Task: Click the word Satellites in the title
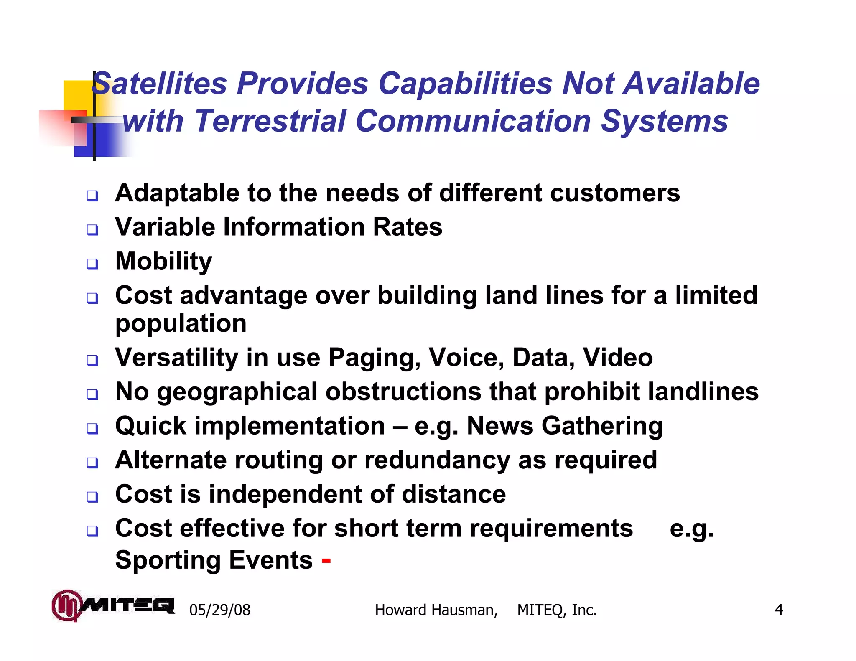click(x=159, y=84)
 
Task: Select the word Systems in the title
click(x=664, y=121)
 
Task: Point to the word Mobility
click(x=163, y=262)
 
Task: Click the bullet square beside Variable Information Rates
click(x=92, y=229)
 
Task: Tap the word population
click(x=181, y=324)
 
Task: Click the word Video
click(x=617, y=358)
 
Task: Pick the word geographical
click(x=237, y=392)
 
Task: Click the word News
click(x=500, y=426)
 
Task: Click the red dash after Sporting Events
click(x=326, y=561)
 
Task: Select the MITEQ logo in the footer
click(x=113, y=605)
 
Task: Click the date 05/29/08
click(x=220, y=610)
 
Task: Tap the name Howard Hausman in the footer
click(x=436, y=610)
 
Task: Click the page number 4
click(x=779, y=610)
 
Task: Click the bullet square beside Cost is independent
click(x=92, y=497)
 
